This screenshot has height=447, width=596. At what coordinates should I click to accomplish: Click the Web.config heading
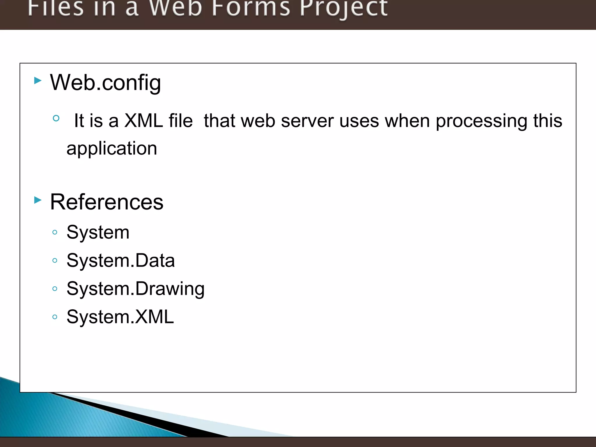pos(105,83)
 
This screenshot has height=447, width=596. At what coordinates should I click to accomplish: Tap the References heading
pos(107,202)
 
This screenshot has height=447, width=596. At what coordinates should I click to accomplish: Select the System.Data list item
pos(120,260)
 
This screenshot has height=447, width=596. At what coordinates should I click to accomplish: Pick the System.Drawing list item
pos(135,289)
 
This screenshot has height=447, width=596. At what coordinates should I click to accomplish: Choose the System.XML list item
pos(120,317)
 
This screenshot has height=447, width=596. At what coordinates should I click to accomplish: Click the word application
pos(112,149)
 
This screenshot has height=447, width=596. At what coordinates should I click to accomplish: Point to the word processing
pos(481,121)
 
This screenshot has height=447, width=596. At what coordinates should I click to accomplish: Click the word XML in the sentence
pos(143,120)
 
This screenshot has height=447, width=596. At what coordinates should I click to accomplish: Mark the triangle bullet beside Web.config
pos(38,80)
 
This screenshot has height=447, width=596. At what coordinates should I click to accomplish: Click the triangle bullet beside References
pos(38,200)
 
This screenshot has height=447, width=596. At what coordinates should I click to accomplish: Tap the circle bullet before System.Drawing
pos(55,289)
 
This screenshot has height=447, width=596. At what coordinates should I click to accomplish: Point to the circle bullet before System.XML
pos(55,317)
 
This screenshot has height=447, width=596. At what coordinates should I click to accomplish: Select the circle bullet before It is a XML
pos(56,118)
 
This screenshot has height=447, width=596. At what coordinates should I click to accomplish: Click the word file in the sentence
pos(180,120)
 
